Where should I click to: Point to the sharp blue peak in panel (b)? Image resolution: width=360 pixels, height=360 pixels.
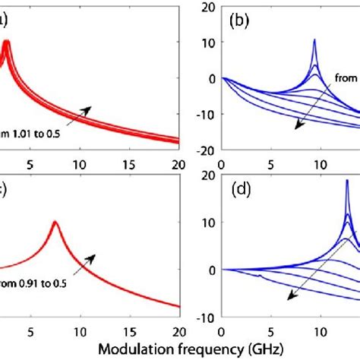click(x=314, y=41)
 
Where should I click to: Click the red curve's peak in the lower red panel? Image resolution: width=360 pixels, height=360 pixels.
click(x=55, y=223)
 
